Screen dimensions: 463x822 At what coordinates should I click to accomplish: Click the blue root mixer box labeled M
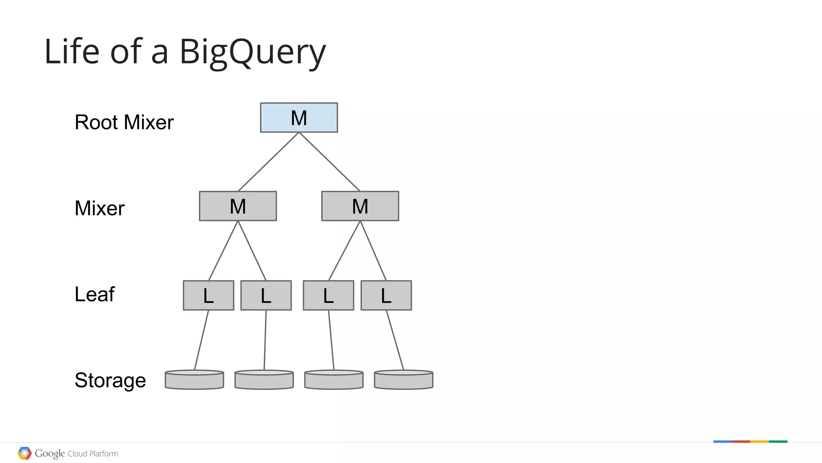(299, 118)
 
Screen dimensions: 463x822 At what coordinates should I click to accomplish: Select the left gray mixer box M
(238, 206)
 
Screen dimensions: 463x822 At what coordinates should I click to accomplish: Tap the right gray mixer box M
(360, 206)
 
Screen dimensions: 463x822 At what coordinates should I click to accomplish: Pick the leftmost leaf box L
(208, 296)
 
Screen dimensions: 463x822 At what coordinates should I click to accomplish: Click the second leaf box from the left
(266, 296)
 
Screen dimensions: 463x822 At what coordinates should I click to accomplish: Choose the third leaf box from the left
(328, 296)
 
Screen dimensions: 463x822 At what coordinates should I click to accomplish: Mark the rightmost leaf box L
(386, 296)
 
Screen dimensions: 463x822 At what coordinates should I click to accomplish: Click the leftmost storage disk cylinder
(194, 380)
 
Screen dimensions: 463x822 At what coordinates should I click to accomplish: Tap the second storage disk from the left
(264, 380)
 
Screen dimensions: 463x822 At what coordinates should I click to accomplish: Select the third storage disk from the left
(334, 380)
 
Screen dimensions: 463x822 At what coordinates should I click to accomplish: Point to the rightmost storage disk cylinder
(403, 380)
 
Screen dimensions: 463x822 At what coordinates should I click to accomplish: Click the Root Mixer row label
(124, 122)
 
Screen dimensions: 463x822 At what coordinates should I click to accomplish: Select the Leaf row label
(95, 294)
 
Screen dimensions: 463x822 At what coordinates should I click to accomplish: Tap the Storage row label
(110, 380)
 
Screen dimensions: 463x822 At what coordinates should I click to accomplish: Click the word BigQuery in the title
(252, 52)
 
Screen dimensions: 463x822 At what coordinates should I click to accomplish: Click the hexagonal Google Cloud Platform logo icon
(24, 453)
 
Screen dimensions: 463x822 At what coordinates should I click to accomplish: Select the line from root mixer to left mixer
(268, 162)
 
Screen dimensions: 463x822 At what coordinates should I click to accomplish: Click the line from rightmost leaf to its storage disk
(395, 340)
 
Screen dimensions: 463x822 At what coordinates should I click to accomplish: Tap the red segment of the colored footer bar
(741, 442)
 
